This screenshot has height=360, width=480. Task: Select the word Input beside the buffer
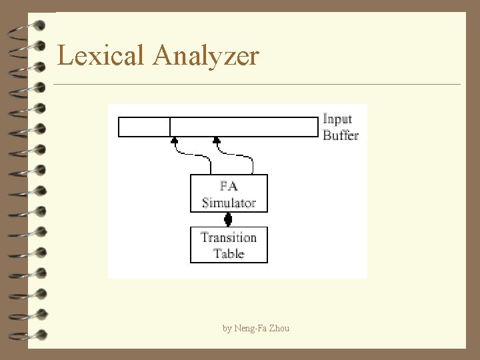click(x=338, y=119)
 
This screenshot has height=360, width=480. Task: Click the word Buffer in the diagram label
click(x=341, y=135)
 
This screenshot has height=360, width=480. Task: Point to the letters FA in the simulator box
click(x=229, y=186)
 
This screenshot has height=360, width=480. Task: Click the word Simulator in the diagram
click(x=229, y=202)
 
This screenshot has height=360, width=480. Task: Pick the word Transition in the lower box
click(x=229, y=237)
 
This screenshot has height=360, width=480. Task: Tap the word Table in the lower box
click(x=229, y=253)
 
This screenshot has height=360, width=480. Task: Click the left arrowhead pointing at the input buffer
click(x=175, y=141)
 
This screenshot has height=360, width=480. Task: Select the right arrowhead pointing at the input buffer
click(x=216, y=141)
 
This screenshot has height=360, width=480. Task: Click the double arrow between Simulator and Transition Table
click(x=228, y=219)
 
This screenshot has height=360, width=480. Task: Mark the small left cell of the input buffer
click(x=144, y=127)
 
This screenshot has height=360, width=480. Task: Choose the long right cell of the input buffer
click(x=244, y=127)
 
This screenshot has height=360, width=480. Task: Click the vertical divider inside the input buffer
click(x=170, y=127)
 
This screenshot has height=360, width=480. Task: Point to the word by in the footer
click(x=227, y=329)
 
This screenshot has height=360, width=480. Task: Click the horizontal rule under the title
click(x=257, y=85)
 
